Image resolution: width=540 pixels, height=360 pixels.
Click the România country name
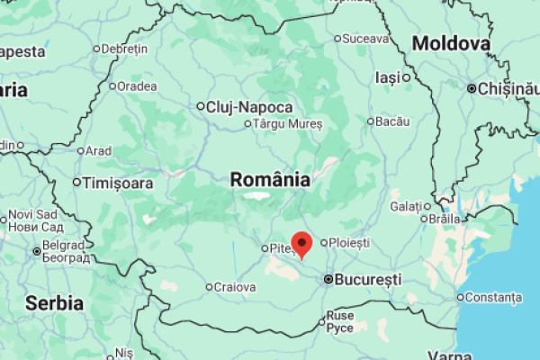click(x=270, y=179)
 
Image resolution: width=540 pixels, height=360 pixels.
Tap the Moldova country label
click(x=451, y=43)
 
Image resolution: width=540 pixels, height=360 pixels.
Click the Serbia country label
click(x=54, y=302)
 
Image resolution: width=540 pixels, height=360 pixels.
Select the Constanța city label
click(x=494, y=297)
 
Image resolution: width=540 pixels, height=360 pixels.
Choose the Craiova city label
click(x=236, y=288)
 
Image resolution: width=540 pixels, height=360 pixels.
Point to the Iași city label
click(x=387, y=77)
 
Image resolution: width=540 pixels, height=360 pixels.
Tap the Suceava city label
click(x=366, y=39)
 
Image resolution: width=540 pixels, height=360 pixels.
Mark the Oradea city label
click(x=136, y=86)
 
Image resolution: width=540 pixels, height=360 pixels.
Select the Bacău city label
click(x=393, y=121)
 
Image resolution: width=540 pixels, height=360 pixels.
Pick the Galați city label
click(x=405, y=206)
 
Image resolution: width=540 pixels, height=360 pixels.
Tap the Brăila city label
click(x=445, y=218)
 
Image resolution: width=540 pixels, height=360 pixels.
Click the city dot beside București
click(x=328, y=280)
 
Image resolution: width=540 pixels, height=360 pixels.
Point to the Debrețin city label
click(x=124, y=48)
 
